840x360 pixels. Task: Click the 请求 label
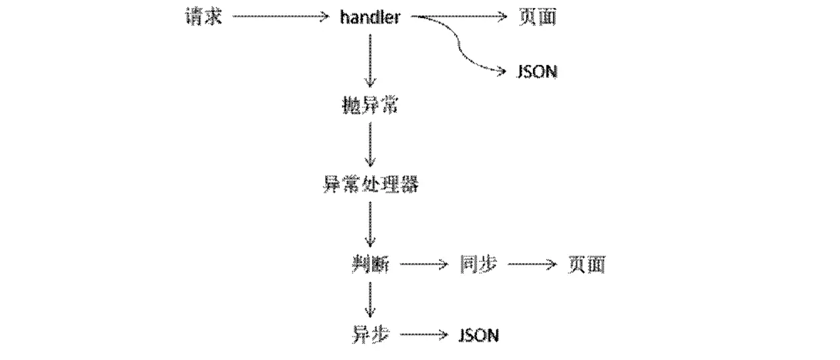(x=203, y=17)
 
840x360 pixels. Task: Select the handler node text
(x=370, y=17)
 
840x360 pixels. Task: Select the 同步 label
(x=478, y=265)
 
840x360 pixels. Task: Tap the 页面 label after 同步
(x=586, y=265)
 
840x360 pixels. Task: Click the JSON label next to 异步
(x=479, y=334)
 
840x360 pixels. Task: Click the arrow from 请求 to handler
(x=282, y=17)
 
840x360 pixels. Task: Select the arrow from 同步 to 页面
(x=532, y=265)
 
